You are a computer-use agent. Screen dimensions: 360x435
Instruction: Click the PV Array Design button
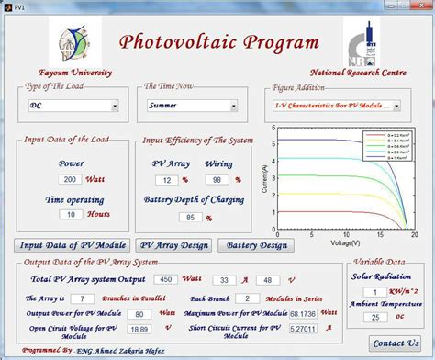[173, 245]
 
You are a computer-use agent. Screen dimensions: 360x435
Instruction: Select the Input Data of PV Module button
[72, 245]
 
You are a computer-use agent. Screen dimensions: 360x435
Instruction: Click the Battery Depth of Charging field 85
[187, 219]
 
